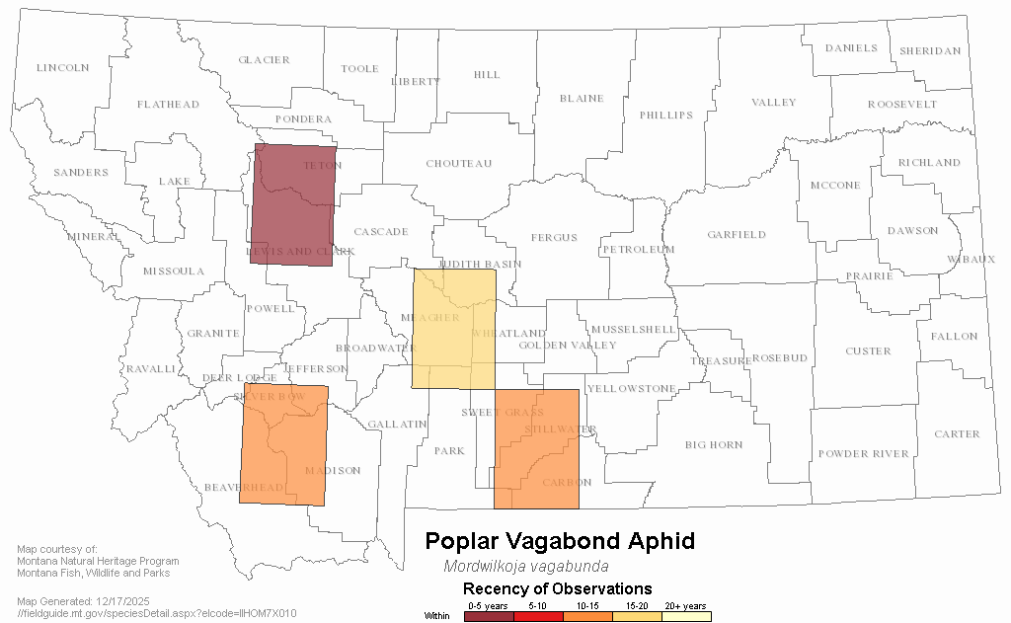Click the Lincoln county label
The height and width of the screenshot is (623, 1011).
coord(62,68)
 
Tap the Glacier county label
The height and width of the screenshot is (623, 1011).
coord(264,60)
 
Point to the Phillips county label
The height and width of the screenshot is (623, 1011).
coord(666,116)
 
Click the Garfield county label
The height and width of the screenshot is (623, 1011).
coord(736,235)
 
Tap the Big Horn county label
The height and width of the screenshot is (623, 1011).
coord(714,445)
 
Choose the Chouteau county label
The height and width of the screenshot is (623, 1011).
coord(458,164)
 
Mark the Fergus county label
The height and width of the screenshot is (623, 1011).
coord(553,238)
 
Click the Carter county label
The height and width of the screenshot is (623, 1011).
coord(957,434)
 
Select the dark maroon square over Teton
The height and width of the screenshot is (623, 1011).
coord(293,199)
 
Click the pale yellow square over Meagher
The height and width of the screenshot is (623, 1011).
coord(453,328)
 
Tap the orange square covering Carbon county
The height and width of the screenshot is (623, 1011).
coord(536,449)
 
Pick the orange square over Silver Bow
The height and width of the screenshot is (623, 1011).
coord(283,444)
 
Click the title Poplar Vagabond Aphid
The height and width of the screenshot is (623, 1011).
coord(559,541)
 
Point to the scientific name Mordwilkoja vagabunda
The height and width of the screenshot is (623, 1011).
coord(526,567)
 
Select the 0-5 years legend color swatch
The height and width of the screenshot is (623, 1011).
coord(489,616)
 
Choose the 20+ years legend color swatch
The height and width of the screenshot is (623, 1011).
coord(686,616)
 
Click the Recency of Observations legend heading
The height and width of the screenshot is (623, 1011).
coord(557,589)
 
